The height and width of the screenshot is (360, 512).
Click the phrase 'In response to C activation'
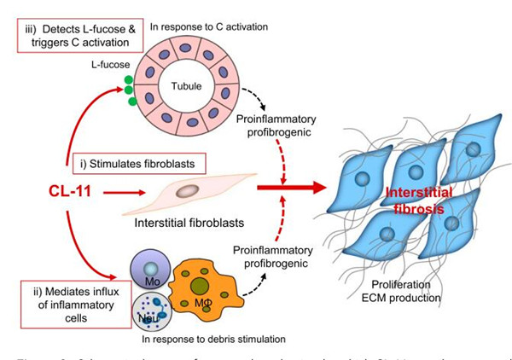[x=208, y=27]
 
